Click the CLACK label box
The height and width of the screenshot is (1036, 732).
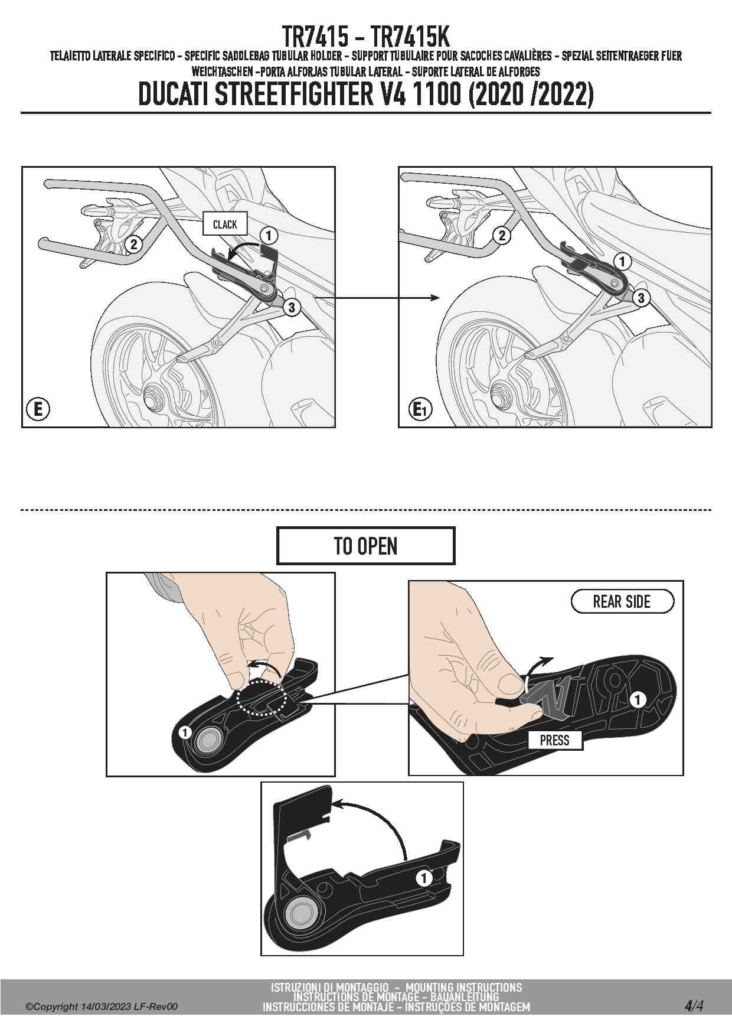224,224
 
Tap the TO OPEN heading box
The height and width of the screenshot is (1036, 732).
365,546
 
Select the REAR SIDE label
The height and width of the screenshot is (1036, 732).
622,602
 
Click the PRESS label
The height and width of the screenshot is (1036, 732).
554,740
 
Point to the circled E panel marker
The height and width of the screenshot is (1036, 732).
38,409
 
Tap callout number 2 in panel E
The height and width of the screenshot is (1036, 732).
134,244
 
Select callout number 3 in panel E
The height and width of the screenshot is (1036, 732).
292,307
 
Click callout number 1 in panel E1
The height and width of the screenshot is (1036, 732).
622,261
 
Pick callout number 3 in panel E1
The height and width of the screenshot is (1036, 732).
641,298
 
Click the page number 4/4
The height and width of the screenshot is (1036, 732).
694,1005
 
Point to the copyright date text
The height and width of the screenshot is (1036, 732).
100,1006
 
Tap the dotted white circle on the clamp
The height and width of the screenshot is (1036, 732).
262,698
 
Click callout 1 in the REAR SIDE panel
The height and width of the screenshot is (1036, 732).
638,700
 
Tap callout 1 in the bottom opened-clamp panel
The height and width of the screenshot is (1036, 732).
423,878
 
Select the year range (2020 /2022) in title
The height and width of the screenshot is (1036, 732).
531,95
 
